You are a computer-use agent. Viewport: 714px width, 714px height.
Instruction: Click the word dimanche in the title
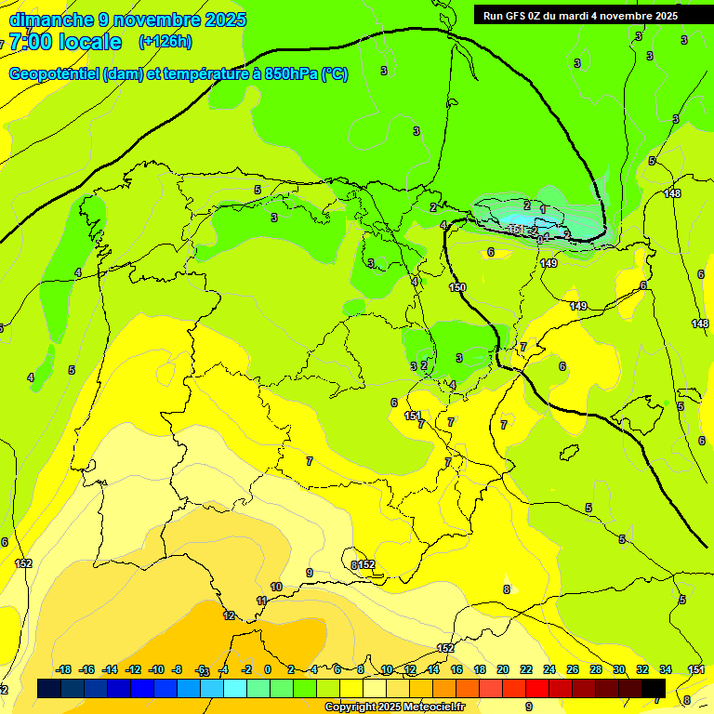52,20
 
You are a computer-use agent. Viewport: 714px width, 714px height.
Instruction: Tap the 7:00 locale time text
65,42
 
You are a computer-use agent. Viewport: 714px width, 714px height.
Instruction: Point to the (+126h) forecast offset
165,41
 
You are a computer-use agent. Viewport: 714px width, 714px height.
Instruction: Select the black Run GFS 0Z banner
580,15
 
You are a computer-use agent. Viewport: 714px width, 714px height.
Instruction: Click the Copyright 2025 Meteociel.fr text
395,707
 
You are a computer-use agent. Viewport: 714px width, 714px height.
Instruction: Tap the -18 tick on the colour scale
64,669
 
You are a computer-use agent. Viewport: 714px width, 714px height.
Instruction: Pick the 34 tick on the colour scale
666,669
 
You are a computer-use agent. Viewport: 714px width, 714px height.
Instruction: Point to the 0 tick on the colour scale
268,669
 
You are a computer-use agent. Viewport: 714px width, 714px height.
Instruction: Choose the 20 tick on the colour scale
503,669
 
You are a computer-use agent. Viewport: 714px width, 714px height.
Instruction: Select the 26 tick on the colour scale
573,669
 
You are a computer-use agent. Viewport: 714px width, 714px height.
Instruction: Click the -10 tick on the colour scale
156,669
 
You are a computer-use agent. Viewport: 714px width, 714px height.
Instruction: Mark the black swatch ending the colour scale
654,688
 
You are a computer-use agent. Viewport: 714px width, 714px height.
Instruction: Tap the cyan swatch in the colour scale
235,688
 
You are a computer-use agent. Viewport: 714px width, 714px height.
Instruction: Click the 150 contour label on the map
457,288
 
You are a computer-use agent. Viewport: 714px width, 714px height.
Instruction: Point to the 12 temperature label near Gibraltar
229,615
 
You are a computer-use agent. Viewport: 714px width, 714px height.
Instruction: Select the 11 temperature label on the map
261,602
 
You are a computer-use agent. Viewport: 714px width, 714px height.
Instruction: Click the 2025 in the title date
225,20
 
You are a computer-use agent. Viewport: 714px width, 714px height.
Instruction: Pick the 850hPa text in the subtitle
291,74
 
